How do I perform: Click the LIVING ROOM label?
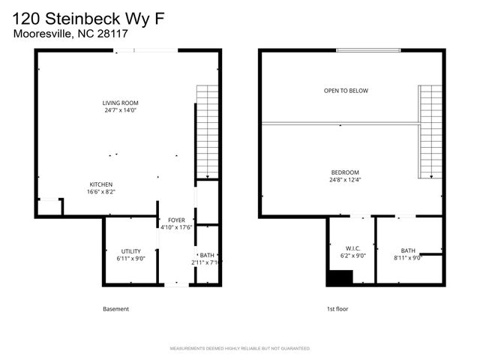coord(121,103)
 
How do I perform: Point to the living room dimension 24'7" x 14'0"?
coord(121,110)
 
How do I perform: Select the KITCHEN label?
coord(101,184)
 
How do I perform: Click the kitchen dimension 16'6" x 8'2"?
coord(101,192)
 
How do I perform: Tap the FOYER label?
coord(176,220)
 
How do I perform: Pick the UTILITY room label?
coord(130,251)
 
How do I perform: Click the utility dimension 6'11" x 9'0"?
coord(130,259)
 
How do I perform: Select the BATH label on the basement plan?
coord(206,255)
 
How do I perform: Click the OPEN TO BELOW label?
coord(346,91)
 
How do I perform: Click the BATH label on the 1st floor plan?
coord(407,250)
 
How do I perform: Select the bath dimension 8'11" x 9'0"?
coord(407,258)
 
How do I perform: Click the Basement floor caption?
coord(115,309)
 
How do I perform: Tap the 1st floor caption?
coord(337,309)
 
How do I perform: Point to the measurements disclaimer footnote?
coord(240,349)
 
